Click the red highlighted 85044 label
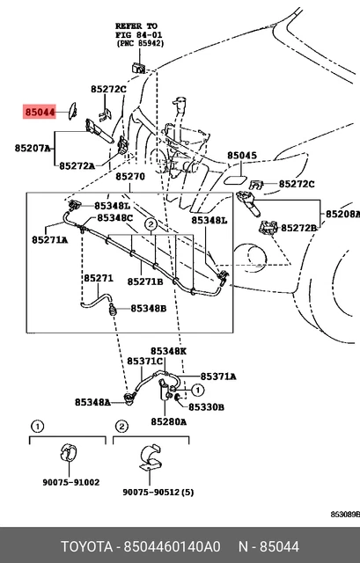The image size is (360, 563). [40, 112]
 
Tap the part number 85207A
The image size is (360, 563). [33, 148]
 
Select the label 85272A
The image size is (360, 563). [77, 166]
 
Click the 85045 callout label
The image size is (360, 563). [242, 156]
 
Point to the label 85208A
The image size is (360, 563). [342, 214]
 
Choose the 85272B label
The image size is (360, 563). [299, 228]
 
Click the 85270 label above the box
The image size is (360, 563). [130, 177]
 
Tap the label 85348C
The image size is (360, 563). [115, 218]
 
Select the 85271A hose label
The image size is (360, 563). [49, 239]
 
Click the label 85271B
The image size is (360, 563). [145, 281]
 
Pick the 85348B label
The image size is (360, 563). [149, 309]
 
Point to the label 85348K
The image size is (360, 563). [168, 351]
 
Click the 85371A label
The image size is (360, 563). [218, 377]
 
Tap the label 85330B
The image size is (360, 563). [207, 407]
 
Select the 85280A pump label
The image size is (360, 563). [168, 422]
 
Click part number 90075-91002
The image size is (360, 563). [71, 482]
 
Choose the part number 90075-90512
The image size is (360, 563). [151, 492]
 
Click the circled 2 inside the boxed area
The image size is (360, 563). [151, 225]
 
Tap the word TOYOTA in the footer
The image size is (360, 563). [86, 547]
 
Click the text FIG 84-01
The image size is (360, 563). [139, 35]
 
